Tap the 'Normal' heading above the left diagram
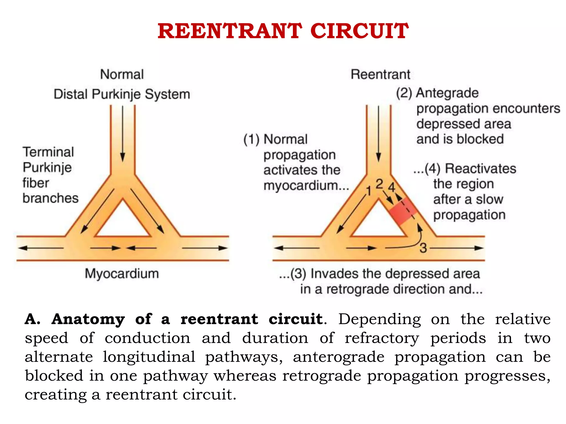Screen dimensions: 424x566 pyautogui.click(x=122, y=74)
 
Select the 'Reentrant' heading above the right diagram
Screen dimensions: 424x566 pyautogui.click(x=380, y=74)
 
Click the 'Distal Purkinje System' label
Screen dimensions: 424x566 pyautogui.click(x=122, y=94)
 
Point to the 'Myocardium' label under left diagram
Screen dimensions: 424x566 pyautogui.click(x=122, y=274)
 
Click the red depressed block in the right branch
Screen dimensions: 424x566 pyautogui.click(x=403, y=211)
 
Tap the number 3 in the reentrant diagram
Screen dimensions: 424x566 pyautogui.click(x=423, y=248)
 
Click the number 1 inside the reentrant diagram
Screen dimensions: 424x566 pyautogui.click(x=368, y=191)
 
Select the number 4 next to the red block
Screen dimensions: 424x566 pyautogui.click(x=392, y=187)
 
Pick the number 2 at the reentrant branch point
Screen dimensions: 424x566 pyautogui.click(x=379, y=184)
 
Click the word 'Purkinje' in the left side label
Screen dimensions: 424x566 pyautogui.click(x=47, y=168)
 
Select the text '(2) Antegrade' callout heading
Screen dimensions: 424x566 pyautogui.click(x=437, y=93)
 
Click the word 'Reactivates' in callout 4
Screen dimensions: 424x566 pyautogui.click(x=480, y=168)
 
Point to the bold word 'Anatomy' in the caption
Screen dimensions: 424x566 pyautogui.click(x=88, y=319)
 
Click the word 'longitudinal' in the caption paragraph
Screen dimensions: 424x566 pyautogui.click(x=149, y=357)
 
